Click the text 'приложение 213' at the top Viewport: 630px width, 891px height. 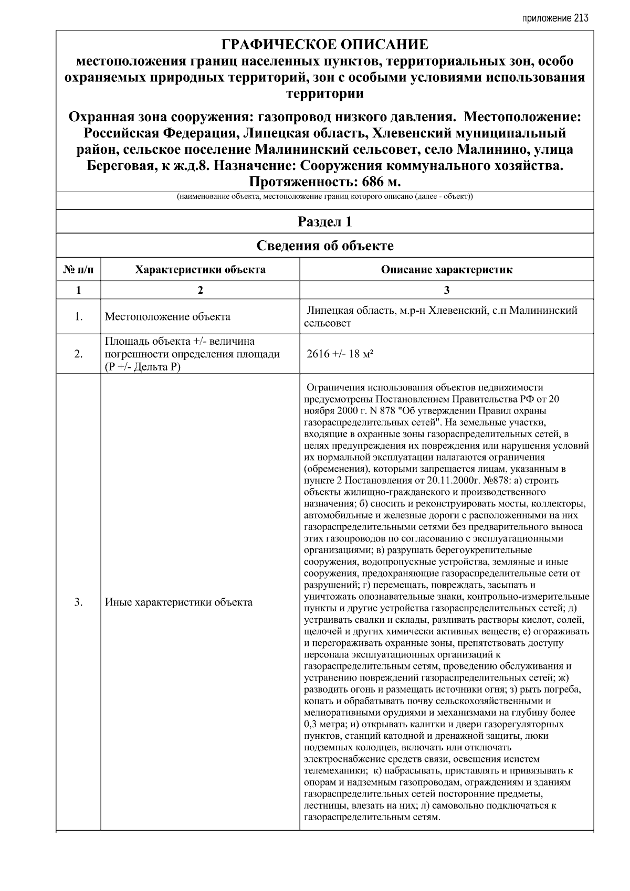coord(555,18)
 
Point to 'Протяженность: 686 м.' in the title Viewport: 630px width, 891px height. coord(324,182)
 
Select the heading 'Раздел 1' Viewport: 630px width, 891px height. coord(324,222)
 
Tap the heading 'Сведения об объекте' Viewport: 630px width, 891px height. coord(324,246)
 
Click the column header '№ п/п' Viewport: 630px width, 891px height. coord(78,270)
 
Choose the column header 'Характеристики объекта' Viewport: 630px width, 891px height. coord(200,270)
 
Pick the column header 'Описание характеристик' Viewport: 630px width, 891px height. coord(446,270)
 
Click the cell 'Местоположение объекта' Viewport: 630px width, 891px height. coord(167,316)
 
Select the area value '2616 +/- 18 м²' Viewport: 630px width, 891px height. coord(340,354)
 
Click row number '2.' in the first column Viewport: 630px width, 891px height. coord(78,354)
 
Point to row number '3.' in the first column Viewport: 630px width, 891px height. coord(78,602)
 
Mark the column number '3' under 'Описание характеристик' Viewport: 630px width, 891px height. coord(446,290)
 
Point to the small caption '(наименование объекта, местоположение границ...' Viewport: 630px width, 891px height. coord(324,197)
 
